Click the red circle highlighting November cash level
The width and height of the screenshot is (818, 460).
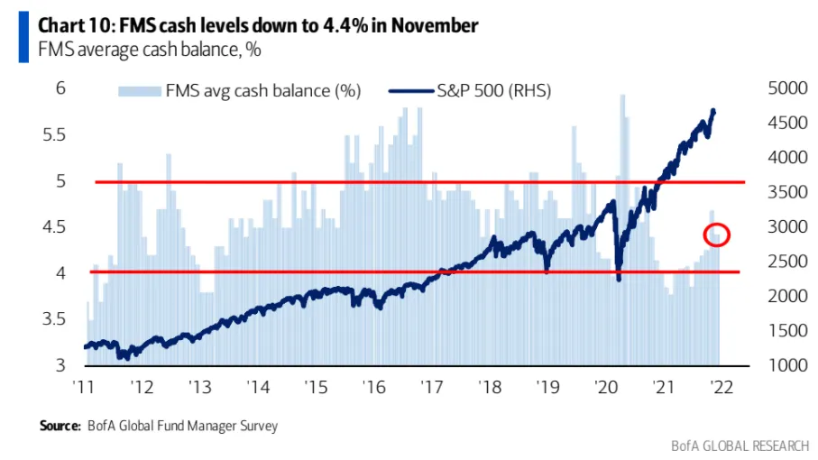[716, 235]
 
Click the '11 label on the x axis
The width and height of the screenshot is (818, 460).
[84, 387]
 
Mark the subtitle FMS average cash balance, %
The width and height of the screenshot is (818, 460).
[150, 51]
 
